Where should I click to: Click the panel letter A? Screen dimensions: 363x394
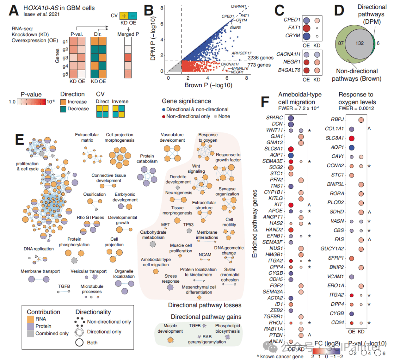(14, 10)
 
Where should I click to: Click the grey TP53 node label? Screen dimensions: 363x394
(188, 225)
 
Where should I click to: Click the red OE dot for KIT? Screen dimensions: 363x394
(291, 205)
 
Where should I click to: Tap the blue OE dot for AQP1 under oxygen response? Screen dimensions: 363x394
(352, 148)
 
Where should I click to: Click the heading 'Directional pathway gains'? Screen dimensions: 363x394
(206, 317)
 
